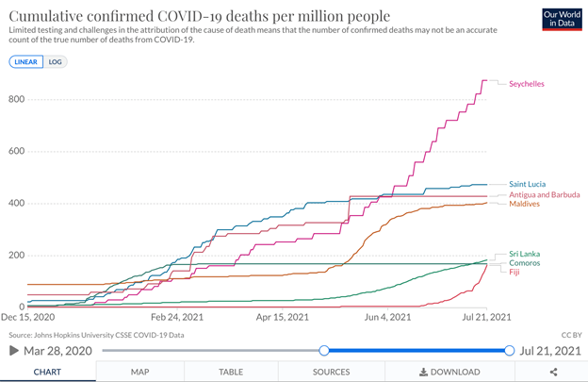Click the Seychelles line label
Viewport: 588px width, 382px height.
pyautogui.click(x=526, y=84)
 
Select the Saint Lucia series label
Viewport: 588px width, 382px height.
pyautogui.click(x=527, y=184)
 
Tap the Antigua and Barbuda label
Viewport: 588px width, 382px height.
pyautogui.click(x=544, y=194)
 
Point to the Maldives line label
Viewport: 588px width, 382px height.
pyautogui.click(x=524, y=204)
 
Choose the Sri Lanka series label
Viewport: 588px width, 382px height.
pyautogui.click(x=524, y=254)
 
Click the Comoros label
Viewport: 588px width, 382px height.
pyautogui.click(x=524, y=262)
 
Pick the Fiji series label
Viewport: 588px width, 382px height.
pyautogui.click(x=515, y=272)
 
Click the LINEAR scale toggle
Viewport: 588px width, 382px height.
pyautogui.click(x=25, y=61)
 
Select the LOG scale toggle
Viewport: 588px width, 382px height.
pyautogui.click(x=56, y=61)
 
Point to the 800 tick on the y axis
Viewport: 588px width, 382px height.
pyautogui.click(x=15, y=99)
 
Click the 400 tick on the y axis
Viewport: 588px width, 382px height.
pyautogui.click(x=15, y=204)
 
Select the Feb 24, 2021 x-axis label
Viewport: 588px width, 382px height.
pyautogui.click(x=177, y=318)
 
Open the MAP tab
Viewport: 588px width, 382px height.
pyautogui.click(x=139, y=372)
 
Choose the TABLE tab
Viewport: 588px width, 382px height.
pyautogui.click(x=231, y=372)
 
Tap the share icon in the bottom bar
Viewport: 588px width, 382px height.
pyautogui.click(x=554, y=372)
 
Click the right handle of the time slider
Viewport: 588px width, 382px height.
pyautogui.click(x=510, y=351)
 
